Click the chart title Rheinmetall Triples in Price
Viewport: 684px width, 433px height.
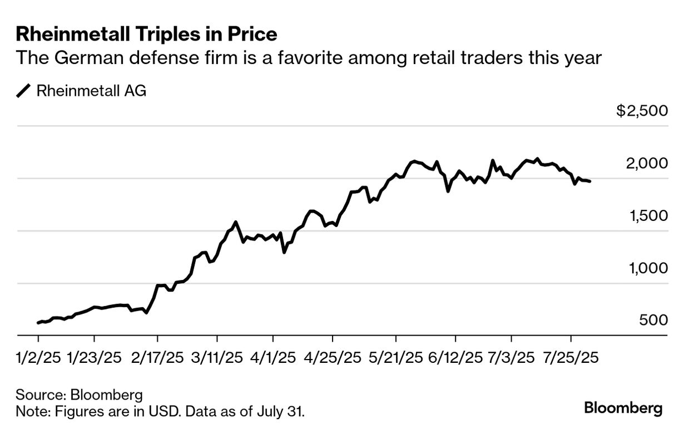[146, 35]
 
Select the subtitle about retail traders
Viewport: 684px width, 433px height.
[309, 58]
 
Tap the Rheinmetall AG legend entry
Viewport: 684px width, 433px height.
[91, 91]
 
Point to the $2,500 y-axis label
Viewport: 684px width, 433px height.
[642, 111]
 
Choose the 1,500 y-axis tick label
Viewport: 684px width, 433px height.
[648, 216]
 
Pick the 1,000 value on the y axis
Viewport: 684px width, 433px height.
[648, 268]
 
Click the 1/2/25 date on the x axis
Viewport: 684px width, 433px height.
[38, 357]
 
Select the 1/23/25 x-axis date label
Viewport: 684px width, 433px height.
[94, 357]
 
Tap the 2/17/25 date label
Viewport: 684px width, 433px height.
[157, 357]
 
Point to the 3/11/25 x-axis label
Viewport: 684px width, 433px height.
[217, 357]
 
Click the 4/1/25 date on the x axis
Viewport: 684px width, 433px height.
[272, 357]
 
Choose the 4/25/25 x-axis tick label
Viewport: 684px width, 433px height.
[332, 357]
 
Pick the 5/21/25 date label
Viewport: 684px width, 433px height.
[395, 357]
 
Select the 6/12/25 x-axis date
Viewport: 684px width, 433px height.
[455, 357]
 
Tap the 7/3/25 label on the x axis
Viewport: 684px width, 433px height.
[511, 357]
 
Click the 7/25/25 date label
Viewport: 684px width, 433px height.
[571, 357]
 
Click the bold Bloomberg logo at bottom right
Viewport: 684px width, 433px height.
[623, 408]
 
